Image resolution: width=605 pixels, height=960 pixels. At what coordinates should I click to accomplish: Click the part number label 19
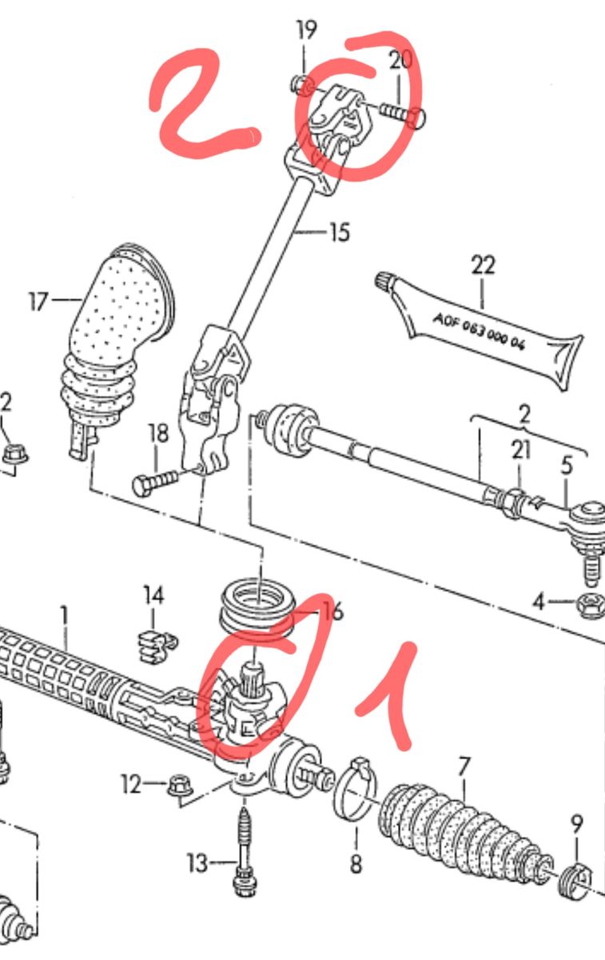(x=307, y=30)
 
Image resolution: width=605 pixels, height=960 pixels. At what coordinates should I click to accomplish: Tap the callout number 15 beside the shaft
(x=340, y=232)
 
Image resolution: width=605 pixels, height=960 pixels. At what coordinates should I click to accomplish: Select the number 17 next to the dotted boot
(x=38, y=302)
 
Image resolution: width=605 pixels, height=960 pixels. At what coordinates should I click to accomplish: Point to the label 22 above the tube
(x=484, y=266)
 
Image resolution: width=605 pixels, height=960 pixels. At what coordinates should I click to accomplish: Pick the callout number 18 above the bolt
(x=159, y=434)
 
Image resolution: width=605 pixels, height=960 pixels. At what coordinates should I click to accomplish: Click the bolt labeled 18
(x=155, y=482)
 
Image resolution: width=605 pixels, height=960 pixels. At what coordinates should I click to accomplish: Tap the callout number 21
(x=521, y=450)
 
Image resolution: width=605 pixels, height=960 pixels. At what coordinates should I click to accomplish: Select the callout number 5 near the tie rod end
(x=567, y=465)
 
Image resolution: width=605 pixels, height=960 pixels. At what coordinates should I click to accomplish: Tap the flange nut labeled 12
(x=180, y=785)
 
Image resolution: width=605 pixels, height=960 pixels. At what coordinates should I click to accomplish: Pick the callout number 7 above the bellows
(x=464, y=767)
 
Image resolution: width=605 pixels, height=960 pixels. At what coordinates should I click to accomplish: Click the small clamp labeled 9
(x=576, y=878)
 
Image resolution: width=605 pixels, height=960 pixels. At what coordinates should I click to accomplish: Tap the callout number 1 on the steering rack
(x=64, y=616)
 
